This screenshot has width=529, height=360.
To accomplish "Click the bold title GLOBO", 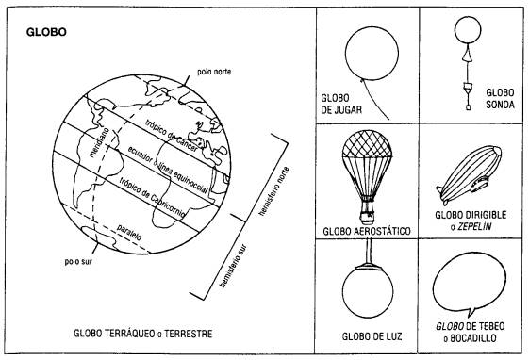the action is pyautogui.click(x=46, y=32).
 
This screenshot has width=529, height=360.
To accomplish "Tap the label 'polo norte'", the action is pyautogui.click(x=214, y=72).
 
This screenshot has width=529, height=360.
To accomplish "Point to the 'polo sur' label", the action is pyautogui.click(x=78, y=261).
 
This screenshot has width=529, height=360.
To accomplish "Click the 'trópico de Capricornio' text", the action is pyautogui.click(x=152, y=197).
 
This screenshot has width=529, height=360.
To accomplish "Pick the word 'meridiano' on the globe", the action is pyautogui.click(x=99, y=142).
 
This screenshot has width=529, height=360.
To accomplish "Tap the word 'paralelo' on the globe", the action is pyautogui.click(x=129, y=232).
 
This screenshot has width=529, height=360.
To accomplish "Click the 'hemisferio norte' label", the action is pyautogui.click(x=273, y=191).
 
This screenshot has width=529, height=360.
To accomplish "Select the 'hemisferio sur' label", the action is pyautogui.click(x=233, y=266).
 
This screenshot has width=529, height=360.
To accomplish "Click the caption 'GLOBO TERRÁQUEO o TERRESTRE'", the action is pyautogui.click(x=143, y=334).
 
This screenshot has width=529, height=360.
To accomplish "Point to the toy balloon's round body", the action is pyautogui.click(x=372, y=54).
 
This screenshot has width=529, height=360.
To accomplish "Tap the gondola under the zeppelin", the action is pyautogui.click(x=479, y=184).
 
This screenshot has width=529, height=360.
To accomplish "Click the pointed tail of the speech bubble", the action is pyautogui.click(x=471, y=312).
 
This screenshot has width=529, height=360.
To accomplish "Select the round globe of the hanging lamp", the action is pyautogui.click(x=368, y=292).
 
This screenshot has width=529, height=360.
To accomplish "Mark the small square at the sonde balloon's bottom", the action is pyautogui.click(x=468, y=107).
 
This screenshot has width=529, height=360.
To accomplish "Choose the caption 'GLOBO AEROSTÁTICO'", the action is pyautogui.click(x=367, y=231).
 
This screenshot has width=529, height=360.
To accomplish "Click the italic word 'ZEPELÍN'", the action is pyautogui.click(x=474, y=226).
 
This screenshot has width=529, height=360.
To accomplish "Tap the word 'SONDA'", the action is pyautogui.click(x=500, y=105).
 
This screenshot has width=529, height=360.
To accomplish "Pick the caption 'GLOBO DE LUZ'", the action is pyautogui.click(x=372, y=336).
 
